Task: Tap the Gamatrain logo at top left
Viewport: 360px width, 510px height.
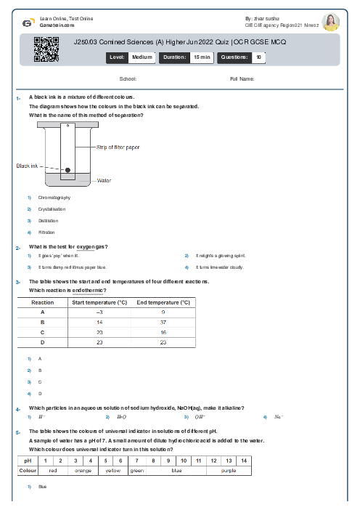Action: pos(28,23)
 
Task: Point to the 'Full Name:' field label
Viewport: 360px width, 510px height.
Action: pos(242,78)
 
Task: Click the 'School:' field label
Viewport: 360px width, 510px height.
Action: pos(128,78)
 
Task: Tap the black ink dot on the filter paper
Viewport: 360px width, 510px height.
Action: pos(67,169)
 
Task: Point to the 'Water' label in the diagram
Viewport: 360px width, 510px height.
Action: pos(104,180)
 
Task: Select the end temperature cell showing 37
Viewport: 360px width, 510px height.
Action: pos(163,321)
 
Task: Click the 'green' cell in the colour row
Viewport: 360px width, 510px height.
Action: pos(136,470)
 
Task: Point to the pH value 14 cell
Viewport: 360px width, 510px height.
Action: pos(244,461)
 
